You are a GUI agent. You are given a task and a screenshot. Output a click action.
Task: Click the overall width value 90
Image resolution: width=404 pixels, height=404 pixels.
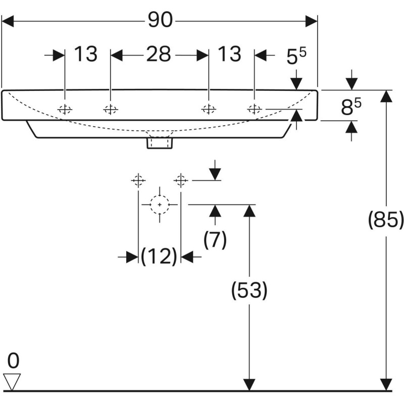coord(160,20)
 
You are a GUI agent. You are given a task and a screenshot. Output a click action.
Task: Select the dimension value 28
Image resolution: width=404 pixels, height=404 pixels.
coord(159,54)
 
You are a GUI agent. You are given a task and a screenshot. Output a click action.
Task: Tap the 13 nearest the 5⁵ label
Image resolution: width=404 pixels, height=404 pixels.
coord(229,54)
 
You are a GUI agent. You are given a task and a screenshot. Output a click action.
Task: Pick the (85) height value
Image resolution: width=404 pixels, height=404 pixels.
coord(386,220)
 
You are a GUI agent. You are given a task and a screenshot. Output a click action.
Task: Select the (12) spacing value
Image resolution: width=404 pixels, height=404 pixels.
coord(159,257)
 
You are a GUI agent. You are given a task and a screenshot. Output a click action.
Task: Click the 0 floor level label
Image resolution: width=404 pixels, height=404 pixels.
coord(13,361)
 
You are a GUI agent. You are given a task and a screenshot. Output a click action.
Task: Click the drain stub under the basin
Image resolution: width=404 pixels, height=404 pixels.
coord(160,143)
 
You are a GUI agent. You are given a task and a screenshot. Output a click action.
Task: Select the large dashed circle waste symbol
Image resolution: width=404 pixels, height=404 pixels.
coord(160,205)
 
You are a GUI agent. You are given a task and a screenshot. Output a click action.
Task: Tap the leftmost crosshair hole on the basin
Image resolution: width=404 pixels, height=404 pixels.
coord(65,109)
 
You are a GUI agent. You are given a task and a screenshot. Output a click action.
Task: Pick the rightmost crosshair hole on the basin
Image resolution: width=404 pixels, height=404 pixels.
coord(255,109)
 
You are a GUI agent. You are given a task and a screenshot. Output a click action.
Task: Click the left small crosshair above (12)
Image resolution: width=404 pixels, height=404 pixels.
coord(138,180)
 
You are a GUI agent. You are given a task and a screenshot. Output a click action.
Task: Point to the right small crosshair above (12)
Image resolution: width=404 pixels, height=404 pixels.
coord(181,179)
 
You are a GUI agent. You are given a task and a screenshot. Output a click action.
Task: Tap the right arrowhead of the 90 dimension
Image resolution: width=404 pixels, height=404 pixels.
coord(312,21)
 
